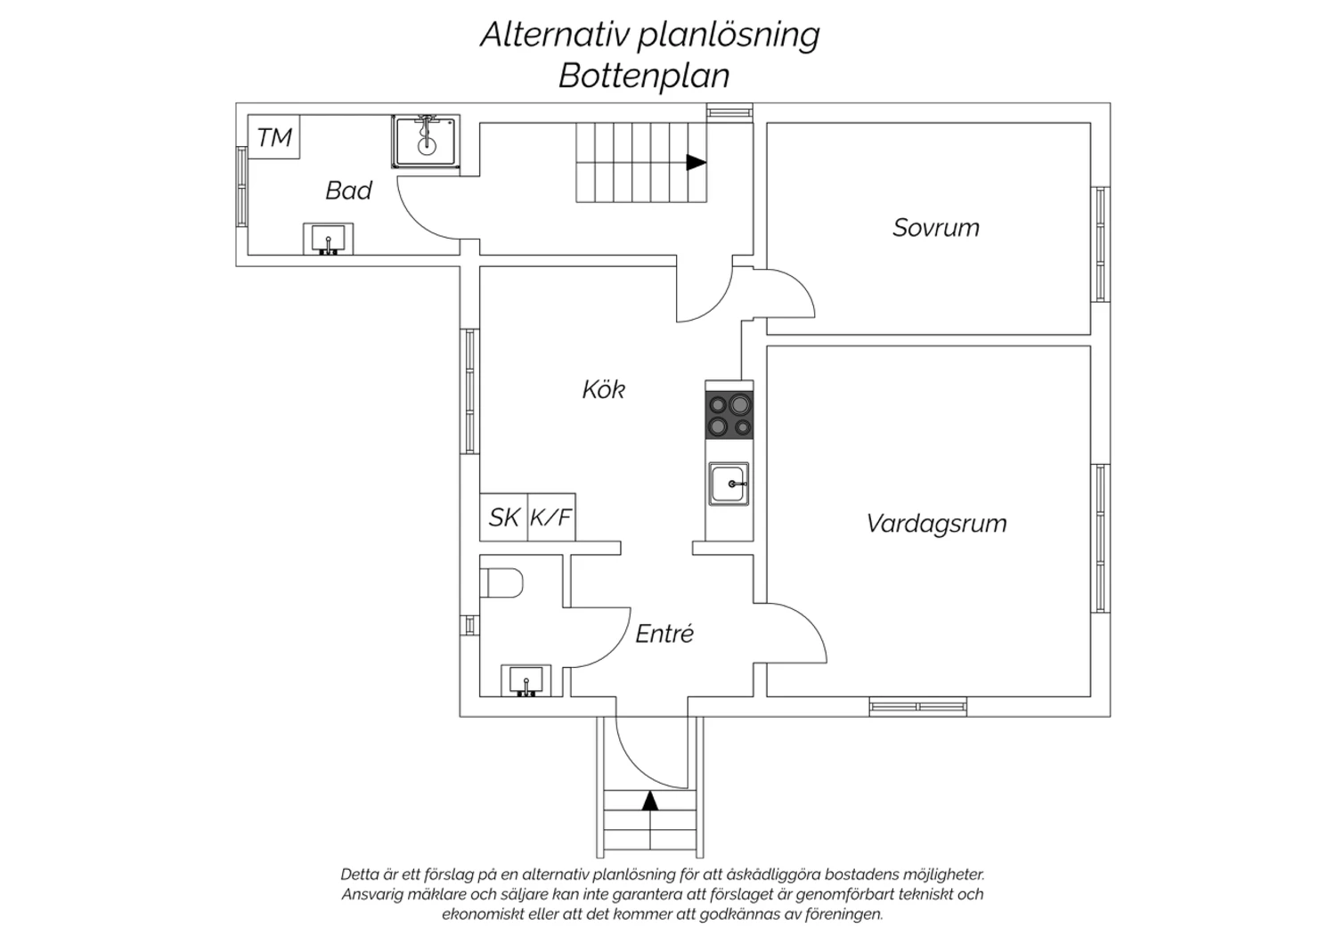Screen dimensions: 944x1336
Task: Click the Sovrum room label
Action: pyautogui.click(x=935, y=228)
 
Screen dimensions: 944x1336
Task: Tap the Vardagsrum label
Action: pyautogui.click(x=936, y=524)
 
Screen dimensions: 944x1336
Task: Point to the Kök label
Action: pyautogui.click(x=603, y=389)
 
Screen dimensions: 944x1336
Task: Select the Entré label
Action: pyautogui.click(x=664, y=634)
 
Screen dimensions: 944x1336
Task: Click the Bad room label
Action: pyautogui.click(x=348, y=191)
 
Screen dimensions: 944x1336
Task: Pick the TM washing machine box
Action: pyautogui.click(x=273, y=137)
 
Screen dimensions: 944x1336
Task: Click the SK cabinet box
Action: pyautogui.click(x=503, y=517)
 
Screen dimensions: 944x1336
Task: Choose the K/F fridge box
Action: pyautogui.click(x=551, y=517)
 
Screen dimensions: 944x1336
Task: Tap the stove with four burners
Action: pyautogui.click(x=729, y=415)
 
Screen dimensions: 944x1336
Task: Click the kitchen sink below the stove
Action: pyautogui.click(x=729, y=484)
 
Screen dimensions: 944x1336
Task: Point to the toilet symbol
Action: pyautogui.click(x=501, y=584)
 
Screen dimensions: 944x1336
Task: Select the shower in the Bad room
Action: pyautogui.click(x=426, y=141)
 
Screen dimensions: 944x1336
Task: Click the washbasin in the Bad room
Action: pyautogui.click(x=329, y=239)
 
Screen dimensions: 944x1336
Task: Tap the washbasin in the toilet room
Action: pyautogui.click(x=526, y=681)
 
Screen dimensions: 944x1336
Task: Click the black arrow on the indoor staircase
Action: pyautogui.click(x=696, y=163)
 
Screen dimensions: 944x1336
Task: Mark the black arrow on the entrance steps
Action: pyautogui.click(x=650, y=801)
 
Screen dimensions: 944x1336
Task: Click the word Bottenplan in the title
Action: pyautogui.click(x=644, y=76)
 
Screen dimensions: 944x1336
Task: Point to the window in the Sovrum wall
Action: pyautogui.click(x=1102, y=245)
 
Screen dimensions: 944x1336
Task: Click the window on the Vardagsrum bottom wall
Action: pyautogui.click(x=918, y=707)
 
